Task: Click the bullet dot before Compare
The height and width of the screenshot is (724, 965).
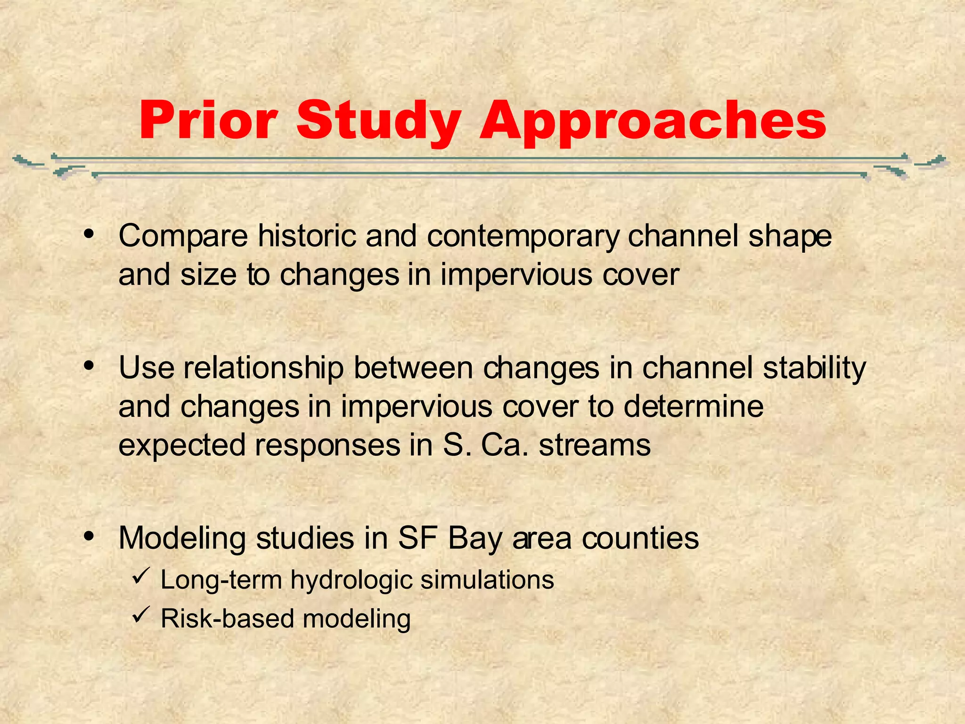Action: (88, 234)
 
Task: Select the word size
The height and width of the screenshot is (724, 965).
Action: (208, 274)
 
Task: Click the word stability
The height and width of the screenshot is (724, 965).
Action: (814, 369)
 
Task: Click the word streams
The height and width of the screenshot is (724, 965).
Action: (595, 445)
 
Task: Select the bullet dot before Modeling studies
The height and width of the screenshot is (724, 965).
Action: (88, 536)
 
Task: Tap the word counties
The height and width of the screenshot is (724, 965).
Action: (640, 538)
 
